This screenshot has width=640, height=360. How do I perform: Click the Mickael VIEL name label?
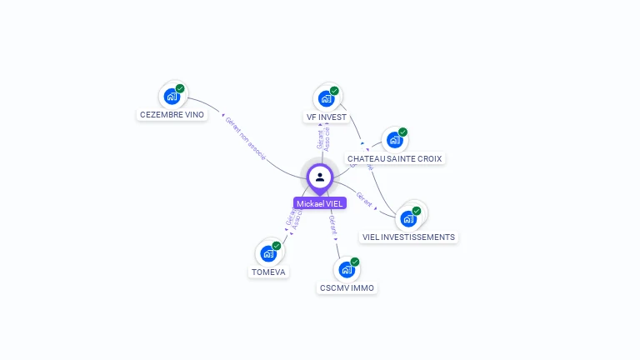click(x=319, y=203)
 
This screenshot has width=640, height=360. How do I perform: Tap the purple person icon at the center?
click(x=320, y=177)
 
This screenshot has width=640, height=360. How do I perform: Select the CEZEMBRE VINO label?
click(x=172, y=115)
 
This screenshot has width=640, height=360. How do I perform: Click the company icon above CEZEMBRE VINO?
click(x=172, y=97)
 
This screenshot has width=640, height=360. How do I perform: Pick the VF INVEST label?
click(x=326, y=117)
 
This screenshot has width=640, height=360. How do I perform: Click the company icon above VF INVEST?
click(x=326, y=98)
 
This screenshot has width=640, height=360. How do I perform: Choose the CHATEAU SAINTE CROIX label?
click(x=395, y=158)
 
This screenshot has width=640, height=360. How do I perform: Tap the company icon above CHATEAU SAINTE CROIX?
click(x=394, y=140)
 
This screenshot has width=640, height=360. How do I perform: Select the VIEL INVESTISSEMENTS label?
click(x=408, y=237)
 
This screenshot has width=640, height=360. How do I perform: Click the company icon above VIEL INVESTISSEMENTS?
click(x=407, y=218)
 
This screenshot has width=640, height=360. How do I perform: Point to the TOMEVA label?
click(x=268, y=272)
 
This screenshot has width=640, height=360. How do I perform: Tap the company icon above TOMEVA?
click(x=268, y=252)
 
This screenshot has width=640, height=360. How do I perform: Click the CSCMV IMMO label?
click(x=347, y=288)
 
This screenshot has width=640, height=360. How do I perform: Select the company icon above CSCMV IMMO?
click(x=346, y=270)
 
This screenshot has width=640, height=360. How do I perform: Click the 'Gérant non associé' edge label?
click(x=244, y=137)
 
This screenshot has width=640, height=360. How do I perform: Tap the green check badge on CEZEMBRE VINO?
click(x=180, y=88)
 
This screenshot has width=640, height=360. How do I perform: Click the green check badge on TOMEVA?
click(x=277, y=244)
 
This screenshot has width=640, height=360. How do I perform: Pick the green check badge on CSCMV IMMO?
click(x=355, y=262)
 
